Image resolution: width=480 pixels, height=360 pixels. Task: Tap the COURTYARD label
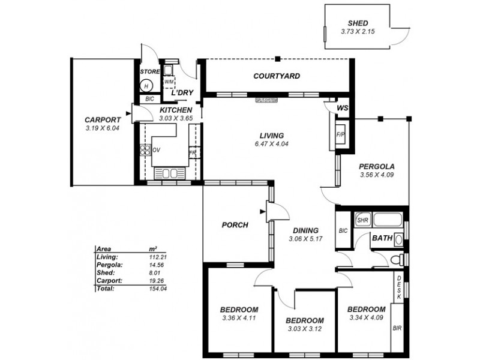click(277, 76)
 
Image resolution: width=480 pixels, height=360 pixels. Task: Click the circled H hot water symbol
click(146, 85)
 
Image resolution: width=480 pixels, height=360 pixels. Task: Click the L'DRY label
click(182, 94)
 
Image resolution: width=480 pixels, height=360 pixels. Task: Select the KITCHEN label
click(176, 110)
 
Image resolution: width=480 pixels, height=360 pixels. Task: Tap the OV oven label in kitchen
click(157, 150)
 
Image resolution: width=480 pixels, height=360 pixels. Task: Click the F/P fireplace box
click(340, 134)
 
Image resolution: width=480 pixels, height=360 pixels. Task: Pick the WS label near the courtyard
click(343, 108)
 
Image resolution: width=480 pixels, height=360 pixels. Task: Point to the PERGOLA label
click(376, 167)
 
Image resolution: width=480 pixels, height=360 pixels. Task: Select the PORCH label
click(235, 225)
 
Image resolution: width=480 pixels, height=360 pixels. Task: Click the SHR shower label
click(362, 220)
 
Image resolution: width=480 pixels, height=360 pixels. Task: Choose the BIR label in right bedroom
click(397, 328)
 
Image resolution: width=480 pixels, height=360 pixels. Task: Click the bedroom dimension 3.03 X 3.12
click(304, 329)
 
